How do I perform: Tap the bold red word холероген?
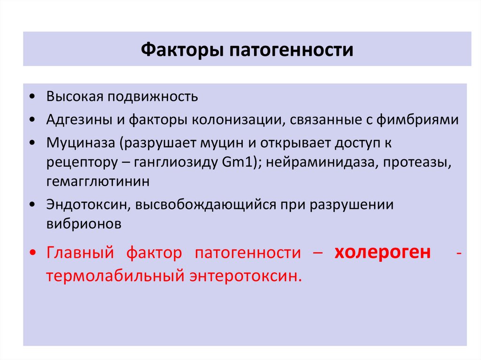tap(382, 253)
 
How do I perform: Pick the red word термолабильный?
tap(115, 276)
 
